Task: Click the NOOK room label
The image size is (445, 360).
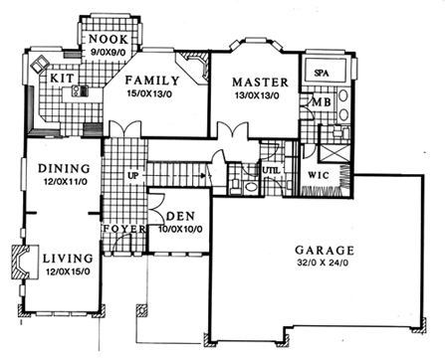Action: [x=109, y=40]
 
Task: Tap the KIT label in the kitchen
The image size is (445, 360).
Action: [x=62, y=79]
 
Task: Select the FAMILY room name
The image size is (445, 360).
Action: [x=152, y=81]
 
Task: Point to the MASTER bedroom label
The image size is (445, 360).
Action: [x=260, y=83]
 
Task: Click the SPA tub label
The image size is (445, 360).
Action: [x=322, y=74]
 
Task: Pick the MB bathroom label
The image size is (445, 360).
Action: [x=321, y=102]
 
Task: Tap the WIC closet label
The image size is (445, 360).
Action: [x=319, y=175]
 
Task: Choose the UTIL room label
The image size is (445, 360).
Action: [x=272, y=171]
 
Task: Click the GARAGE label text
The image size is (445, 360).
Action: [x=325, y=251]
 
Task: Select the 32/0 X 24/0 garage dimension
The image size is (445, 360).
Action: [x=323, y=264]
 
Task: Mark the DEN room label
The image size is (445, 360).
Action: [x=181, y=217]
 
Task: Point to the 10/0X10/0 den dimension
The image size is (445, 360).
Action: [x=181, y=229]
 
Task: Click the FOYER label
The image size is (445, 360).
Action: [x=124, y=229]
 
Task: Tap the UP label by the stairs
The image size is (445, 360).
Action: [x=133, y=176]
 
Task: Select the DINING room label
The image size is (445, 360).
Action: [x=64, y=168]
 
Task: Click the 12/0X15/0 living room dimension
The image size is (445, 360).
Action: [x=68, y=271]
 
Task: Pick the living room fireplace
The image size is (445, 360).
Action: [x=22, y=262]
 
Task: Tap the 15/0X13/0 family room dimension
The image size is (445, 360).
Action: [x=149, y=93]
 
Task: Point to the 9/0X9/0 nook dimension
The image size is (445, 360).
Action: [x=108, y=52]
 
